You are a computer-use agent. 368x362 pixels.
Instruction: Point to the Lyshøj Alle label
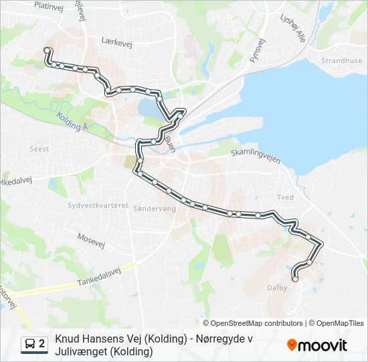click(x=292, y=27)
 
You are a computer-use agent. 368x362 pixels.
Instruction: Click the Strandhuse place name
click(x=341, y=60)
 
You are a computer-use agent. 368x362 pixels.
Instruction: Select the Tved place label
click(x=285, y=197)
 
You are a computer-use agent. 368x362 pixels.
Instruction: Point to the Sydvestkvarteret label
click(x=98, y=205)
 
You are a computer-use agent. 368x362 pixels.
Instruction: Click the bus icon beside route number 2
click(x=29, y=345)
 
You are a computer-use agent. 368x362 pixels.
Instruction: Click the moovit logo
click(x=317, y=345)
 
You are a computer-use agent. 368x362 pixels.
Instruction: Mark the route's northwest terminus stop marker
click(x=47, y=50)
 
